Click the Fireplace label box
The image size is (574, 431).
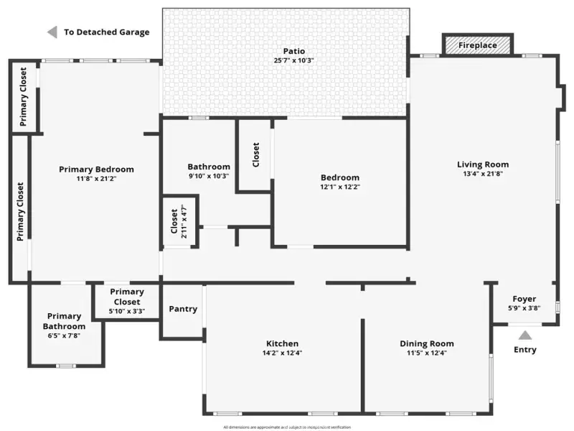point(478,45)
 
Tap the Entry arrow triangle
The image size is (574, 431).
point(525,335)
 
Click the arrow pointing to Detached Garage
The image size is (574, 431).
point(52,32)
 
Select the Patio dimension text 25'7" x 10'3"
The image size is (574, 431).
point(294,60)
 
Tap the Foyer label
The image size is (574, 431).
point(524,299)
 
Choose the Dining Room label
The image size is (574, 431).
point(427,343)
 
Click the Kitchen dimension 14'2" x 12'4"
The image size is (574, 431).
point(282,353)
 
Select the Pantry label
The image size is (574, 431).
point(183,309)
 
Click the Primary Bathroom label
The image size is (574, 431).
point(66,320)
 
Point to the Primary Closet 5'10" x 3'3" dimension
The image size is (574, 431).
point(127,311)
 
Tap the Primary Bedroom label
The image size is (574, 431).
point(96,170)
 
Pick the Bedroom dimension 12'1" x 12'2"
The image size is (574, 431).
point(340,187)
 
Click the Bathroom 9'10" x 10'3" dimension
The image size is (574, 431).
point(209,176)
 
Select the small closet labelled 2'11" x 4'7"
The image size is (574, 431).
point(179,222)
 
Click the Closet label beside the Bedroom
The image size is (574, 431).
point(256,154)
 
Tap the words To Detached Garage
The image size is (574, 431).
point(107,32)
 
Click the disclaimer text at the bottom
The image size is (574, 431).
point(287,427)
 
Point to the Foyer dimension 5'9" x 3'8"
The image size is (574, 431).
point(524,308)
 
